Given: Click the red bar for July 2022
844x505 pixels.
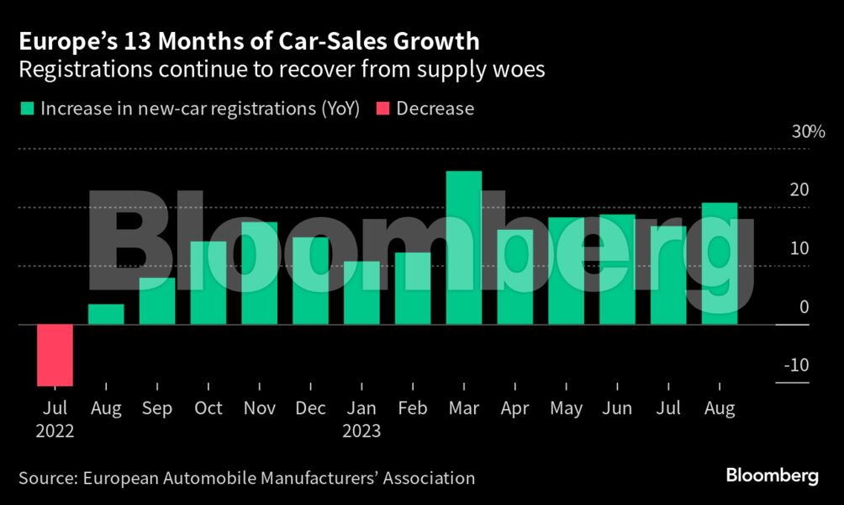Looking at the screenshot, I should tap(55, 355).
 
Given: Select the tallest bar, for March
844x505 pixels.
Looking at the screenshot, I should tap(464, 248).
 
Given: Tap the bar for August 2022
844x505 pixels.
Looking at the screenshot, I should tap(106, 314).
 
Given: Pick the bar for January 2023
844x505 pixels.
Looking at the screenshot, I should tap(361, 293).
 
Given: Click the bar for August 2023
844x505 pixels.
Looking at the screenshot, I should tap(720, 263).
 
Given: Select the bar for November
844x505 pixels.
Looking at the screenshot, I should tap(259, 274).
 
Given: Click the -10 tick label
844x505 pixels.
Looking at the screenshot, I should tap(794, 365).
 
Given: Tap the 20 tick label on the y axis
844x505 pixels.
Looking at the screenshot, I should tap(799, 190).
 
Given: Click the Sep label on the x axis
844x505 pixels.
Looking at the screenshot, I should tap(157, 409).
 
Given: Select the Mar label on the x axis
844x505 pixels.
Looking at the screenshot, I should tap(464, 409).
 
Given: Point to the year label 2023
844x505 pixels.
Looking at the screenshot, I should tap(361, 431).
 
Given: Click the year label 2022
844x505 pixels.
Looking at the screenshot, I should tap(55, 431).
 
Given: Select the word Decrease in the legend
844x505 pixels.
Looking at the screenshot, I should tap(435, 109).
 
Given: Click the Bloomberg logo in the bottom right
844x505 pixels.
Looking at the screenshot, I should tap(772, 476).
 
